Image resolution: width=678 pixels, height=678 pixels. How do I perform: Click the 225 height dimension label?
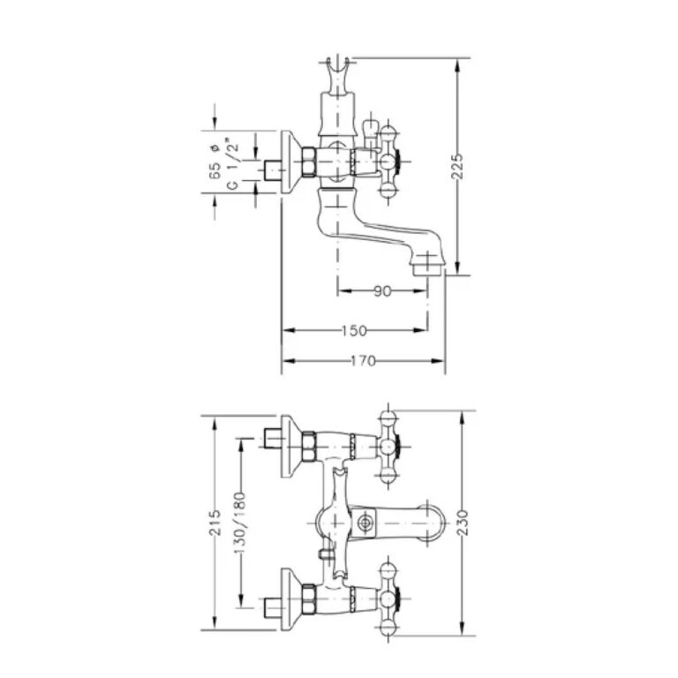point(457,166)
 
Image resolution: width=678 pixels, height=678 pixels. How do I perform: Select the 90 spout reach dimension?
point(382,291)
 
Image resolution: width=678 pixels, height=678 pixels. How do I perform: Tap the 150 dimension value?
point(354,331)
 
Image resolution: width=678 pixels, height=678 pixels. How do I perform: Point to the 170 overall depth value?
point(363,360)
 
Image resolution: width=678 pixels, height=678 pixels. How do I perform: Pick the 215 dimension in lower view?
point(215,523)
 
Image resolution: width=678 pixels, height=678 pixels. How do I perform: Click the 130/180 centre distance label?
point(240,523)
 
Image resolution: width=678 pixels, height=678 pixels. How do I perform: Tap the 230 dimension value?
point(463,523)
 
